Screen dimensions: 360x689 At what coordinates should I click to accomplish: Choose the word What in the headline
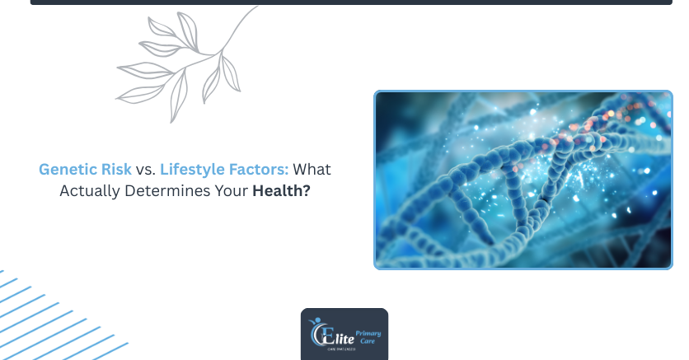pos(312,170)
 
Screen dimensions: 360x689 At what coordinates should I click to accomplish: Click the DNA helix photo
pos(523,180)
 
